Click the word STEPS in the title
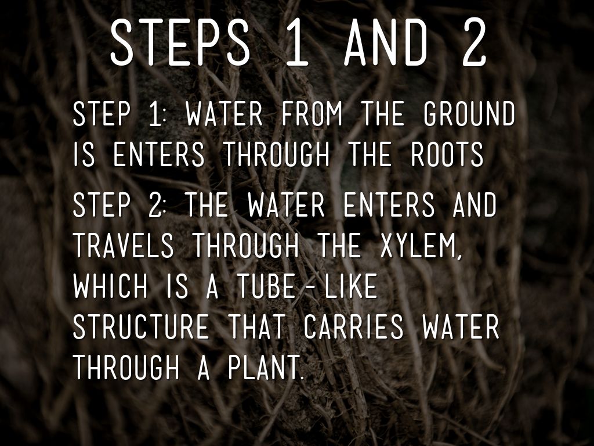180,42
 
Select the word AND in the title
386,42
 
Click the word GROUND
469,114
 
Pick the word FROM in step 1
312,114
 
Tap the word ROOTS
447,154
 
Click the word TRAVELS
123,245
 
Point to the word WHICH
110,286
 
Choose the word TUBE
266,286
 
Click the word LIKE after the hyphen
351,286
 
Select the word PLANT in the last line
263,367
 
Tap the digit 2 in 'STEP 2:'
154,205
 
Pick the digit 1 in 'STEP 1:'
155,114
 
